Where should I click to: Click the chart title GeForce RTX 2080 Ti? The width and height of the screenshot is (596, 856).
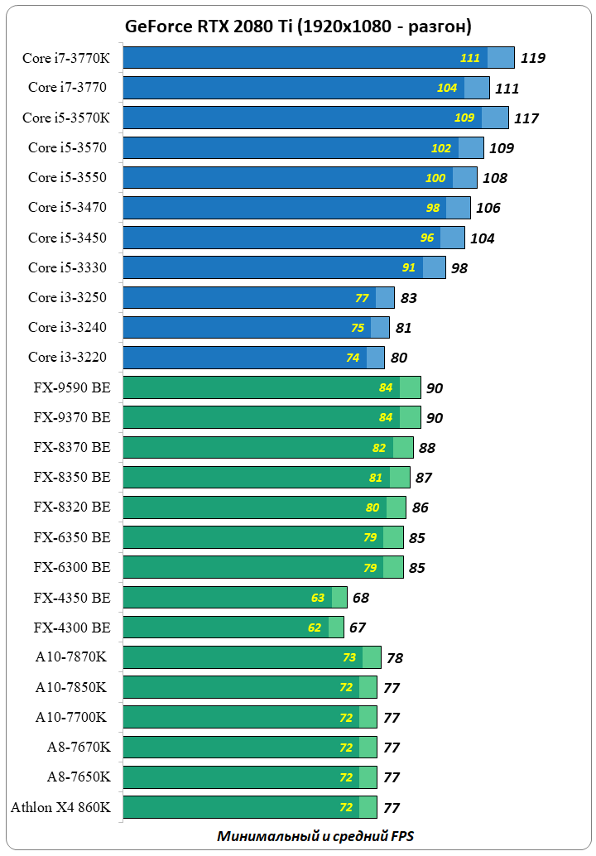(298, 26)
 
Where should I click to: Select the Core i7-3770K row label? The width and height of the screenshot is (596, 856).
(67, 57)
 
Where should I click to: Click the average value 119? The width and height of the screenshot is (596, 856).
(532, 58)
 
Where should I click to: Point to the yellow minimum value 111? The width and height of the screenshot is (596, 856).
(470, 58)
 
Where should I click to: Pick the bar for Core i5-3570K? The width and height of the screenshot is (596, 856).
(315, 118)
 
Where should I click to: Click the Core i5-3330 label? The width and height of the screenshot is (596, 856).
(67, 267)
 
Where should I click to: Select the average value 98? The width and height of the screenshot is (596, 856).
(459, 267)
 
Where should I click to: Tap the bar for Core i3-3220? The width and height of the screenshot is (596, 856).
(253, 358)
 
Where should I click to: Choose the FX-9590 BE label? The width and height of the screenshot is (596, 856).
(71, 387)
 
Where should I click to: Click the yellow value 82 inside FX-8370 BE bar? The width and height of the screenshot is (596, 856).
(379, 448)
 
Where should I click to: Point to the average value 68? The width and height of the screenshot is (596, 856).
(360, 598)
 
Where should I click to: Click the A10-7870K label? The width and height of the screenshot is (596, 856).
(70, 656)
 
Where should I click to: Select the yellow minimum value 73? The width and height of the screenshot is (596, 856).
(349, 657)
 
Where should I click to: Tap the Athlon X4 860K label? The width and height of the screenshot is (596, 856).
(60, 806)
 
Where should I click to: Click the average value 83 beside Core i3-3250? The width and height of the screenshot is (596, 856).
(408, 298)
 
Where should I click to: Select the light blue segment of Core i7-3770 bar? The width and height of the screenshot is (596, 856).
(476, 88)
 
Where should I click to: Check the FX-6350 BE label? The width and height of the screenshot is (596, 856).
(71, 537)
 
